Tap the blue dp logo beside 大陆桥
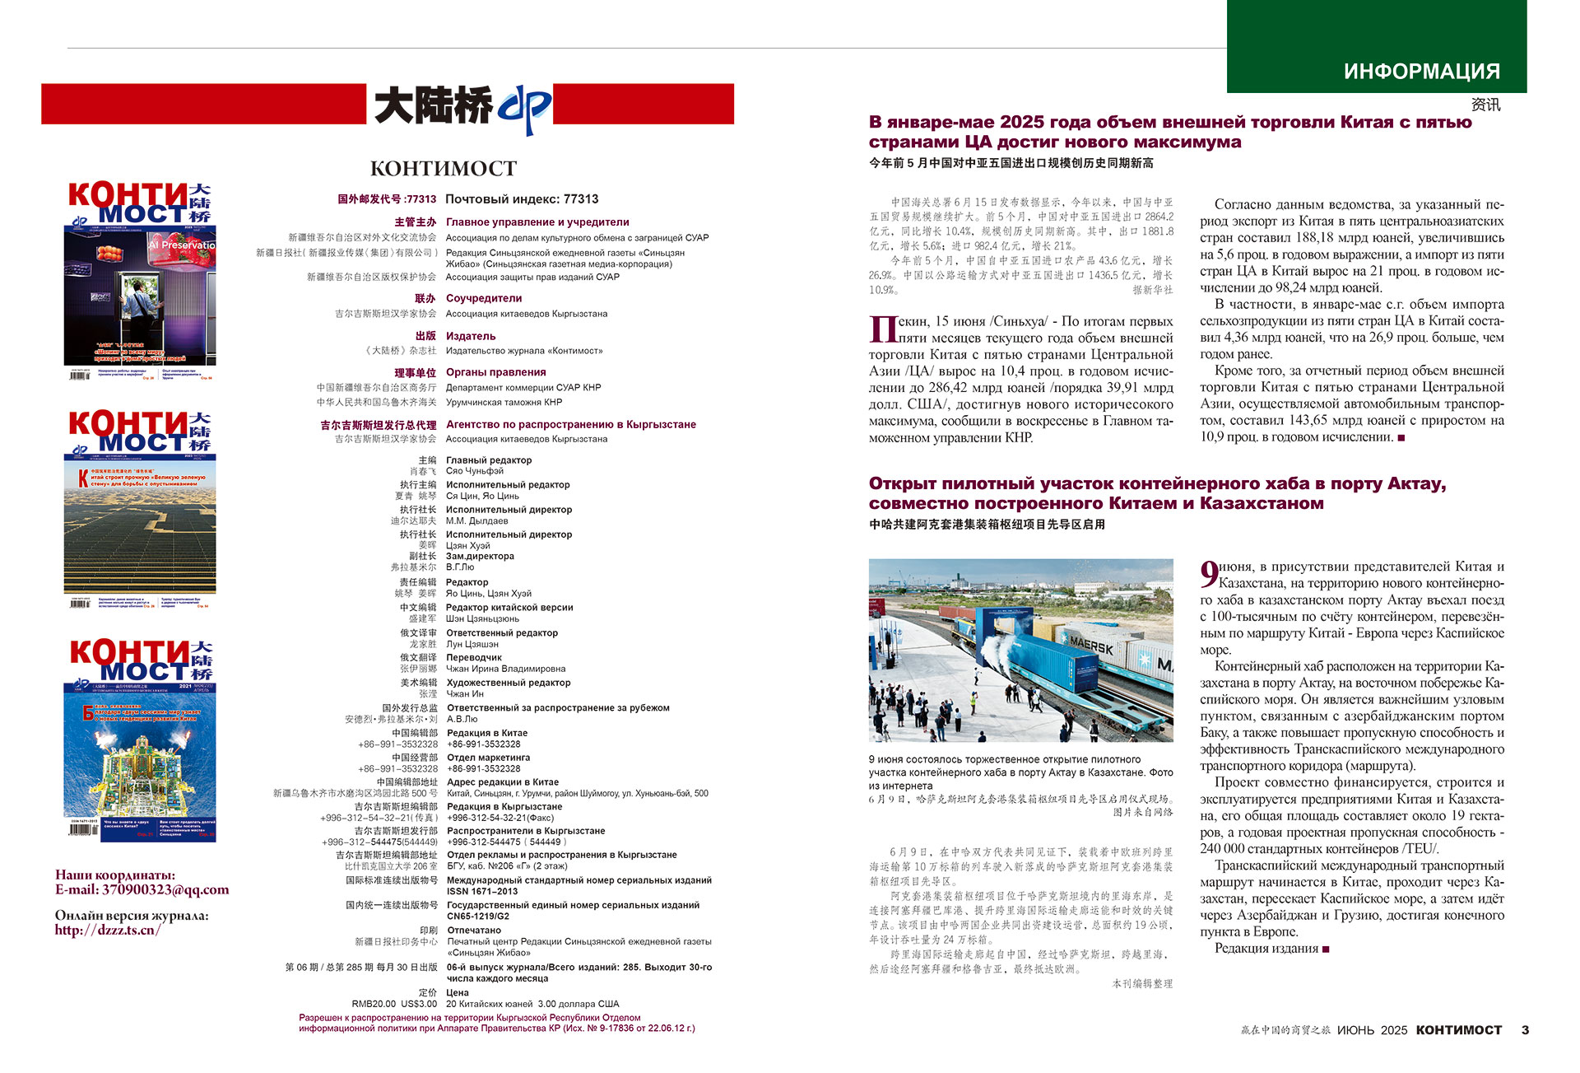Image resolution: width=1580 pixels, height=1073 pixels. tap(523, 109)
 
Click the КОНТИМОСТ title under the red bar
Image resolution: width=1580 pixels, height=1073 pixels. tap(444, 169)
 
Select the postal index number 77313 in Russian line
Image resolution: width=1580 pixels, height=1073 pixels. tap(581, 199)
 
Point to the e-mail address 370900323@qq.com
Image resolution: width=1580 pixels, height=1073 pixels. tap(165, 889)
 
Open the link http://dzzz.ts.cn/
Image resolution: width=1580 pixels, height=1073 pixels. tap(108, 930)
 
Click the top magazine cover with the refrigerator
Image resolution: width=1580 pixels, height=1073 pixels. tap(140, 280)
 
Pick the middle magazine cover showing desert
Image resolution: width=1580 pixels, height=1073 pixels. tap(140, 511)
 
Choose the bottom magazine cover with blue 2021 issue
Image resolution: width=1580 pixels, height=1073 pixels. tap(140, 741)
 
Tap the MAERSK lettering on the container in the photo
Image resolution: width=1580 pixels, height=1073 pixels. tap(1091, 644)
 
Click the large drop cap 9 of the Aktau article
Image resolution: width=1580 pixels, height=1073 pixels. tap(1208, 573)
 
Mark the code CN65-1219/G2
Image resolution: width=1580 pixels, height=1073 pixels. tap(478, 916)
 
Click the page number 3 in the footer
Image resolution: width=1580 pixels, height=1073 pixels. tap(1525, 1030)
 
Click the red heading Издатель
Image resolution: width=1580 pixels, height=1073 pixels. tap(471, 336)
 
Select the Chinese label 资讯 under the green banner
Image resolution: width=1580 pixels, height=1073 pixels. tap(1485, 105)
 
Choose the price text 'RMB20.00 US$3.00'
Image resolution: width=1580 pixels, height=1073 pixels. tap(394, 1004)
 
